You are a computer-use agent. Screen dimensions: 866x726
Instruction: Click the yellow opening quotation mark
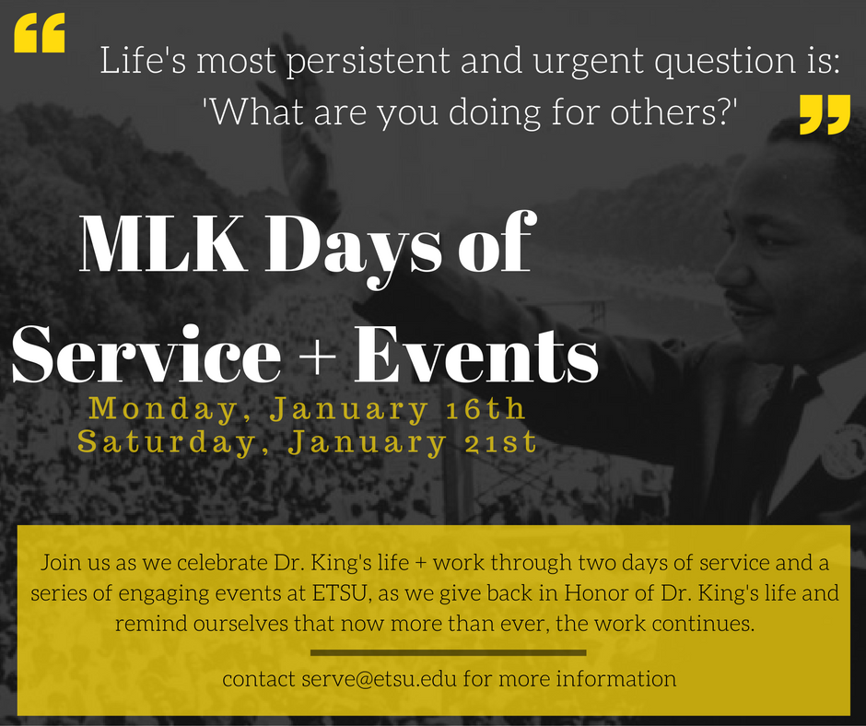click(40, 32)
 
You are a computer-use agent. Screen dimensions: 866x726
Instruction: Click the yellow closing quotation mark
click(825, 114)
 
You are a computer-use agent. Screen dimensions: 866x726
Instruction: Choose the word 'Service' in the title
click(146, 353)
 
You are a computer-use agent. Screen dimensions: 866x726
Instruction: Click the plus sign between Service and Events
click(319, 356)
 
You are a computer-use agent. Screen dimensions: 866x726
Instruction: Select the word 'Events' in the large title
click(476, 354)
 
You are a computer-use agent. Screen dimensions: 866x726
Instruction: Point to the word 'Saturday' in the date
click(168, 443)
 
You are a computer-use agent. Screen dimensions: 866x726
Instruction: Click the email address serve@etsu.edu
click(379, 678)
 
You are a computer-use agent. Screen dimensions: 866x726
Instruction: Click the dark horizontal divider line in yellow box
click(448, 652)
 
